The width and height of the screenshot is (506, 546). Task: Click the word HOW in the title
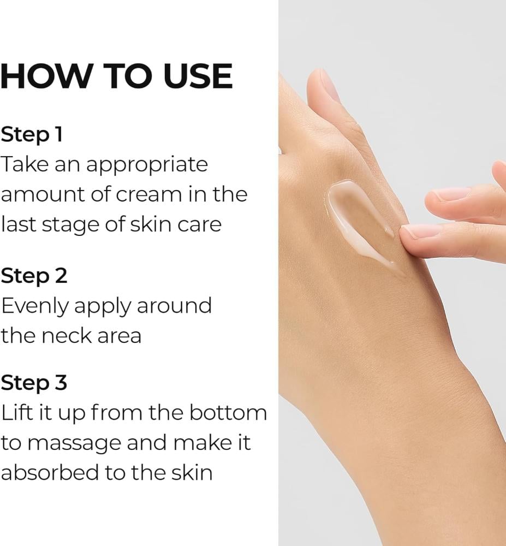pos(45,76)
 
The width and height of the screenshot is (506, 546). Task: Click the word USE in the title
pos(197,76)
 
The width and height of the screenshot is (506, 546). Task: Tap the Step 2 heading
pos(34,276)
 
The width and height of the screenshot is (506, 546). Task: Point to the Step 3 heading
pos(34,383)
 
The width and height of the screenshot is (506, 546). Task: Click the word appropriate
pos(147,165)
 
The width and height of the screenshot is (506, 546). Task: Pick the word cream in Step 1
pos(148,195)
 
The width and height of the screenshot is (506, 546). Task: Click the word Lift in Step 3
pos(17,413)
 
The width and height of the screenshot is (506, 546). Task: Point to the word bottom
pos(228,413)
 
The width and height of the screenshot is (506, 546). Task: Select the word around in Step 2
pos(174,306)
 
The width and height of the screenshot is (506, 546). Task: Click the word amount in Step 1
pos(43,195)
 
